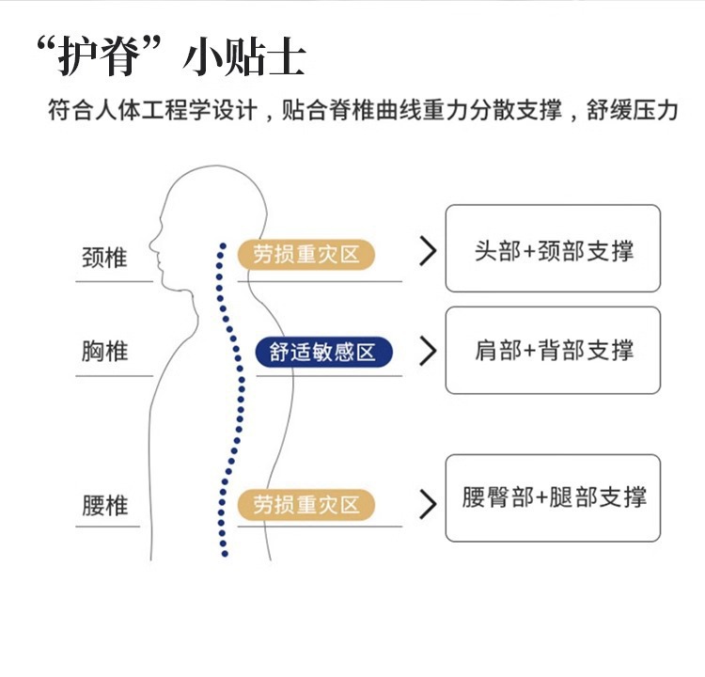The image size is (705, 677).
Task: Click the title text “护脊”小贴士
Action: click(x=169, y=58)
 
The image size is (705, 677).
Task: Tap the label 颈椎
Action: click(x=104, y=257)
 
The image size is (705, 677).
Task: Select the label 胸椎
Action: click(x=104, y=353)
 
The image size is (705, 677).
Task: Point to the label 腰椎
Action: click(x=104, y=506)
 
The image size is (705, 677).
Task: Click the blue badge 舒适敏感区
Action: click(x=322, y=353)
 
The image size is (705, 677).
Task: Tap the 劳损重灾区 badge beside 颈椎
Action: click(x=305, y=254)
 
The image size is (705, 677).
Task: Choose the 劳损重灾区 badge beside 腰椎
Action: click(x=305, y=505)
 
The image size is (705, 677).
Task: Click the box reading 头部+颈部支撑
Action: click(x=553, y=248)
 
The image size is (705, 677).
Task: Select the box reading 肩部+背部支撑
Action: click(x=553, y=350)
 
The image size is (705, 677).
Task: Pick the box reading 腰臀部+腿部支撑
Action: click(x=553, y=497)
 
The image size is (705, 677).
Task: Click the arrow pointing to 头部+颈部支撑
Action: click(x=429, y=250)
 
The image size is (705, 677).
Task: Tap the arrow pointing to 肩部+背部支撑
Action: click(x=429, y=351)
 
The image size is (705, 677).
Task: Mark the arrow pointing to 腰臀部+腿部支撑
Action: click(x=429, y=504)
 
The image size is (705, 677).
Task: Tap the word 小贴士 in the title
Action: click(x=244, y=58)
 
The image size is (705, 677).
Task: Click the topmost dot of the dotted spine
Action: click(x=223, y=244)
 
